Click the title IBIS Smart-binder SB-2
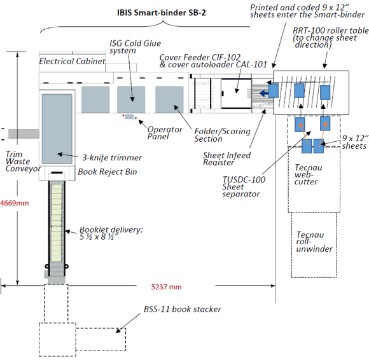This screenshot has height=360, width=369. click(x=162, y=13)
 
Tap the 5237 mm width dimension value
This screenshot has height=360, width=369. click(x=166, y=287)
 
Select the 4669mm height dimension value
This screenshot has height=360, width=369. click(x=15, y=203)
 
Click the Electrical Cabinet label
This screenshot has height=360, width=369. click(x=72, y=61)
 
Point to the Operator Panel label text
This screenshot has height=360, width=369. click(x=165, y=133)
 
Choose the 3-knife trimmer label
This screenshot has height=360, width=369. click(x=112, y=157)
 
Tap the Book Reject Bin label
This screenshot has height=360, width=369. click(x=108, y=172)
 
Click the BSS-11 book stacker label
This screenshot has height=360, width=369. click(x=183, y=309)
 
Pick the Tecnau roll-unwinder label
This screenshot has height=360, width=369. click(x=314, y=242)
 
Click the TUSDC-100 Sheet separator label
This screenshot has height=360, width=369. click(x=244, y=186)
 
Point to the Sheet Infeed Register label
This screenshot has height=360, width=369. click(x=226, y=159)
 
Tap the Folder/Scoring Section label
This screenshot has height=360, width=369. click(x=222, y=135)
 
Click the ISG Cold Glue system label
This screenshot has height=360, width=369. click(x=135, y=46)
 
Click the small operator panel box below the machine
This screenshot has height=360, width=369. click(x=129, y=116)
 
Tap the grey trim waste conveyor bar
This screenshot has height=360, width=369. click(x=24, y=134)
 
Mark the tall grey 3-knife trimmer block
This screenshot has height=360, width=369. click(x=57, y=129)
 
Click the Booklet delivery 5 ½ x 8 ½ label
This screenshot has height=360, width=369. click(x=111, y=233)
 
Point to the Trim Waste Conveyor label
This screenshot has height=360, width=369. click(x=23, y=162)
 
